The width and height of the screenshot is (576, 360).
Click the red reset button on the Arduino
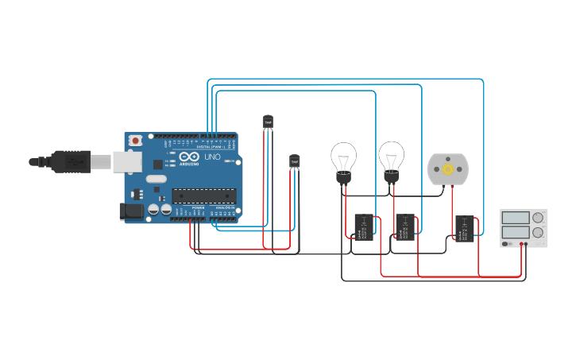(x=136, y=140)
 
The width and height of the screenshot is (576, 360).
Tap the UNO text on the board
(x=213, y=157)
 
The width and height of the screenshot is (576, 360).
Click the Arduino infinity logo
(x=189, y=157)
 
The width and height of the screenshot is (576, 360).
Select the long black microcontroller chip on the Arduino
(x=203, y=195)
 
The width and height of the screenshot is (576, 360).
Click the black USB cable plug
(x=71, y=161)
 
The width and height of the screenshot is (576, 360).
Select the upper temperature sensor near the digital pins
(x=268, y=121)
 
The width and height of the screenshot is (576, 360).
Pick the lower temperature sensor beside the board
(x=295, y=161)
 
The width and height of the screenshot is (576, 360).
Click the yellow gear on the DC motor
(x=448, y=168)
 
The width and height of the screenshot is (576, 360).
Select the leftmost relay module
(x=365, y=226)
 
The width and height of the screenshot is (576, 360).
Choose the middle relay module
(x=406, y=226)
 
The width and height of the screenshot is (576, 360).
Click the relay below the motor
(x=466, y=227)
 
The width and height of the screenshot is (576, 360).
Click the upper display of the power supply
(x=516, y=217)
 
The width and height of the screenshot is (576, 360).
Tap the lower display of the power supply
(x=516, y=234)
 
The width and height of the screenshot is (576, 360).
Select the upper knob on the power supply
(x=538, y=217)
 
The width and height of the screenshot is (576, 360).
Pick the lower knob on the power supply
(x=538, y=234)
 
